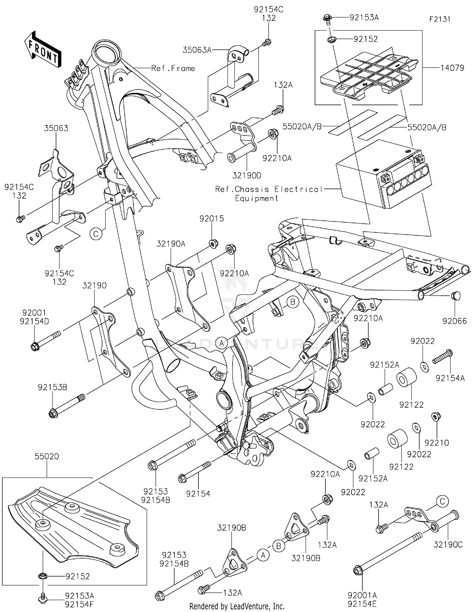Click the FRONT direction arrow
(43, 49)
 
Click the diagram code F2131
(440, 19)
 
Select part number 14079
(452, 68)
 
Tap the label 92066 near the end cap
(454, 321)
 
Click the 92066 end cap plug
(455, 296)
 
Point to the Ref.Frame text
(173, 68)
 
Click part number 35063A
(197, 50)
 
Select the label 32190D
(246, 175)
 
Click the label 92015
(211, 219)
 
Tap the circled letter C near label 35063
(96, 234)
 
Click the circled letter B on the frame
(293, 302)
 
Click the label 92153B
(52, 387)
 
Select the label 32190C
(448, 545)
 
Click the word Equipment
(256, 198)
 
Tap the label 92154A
(450, 378)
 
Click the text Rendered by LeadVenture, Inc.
(237, 606)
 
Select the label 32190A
(171, 243)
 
